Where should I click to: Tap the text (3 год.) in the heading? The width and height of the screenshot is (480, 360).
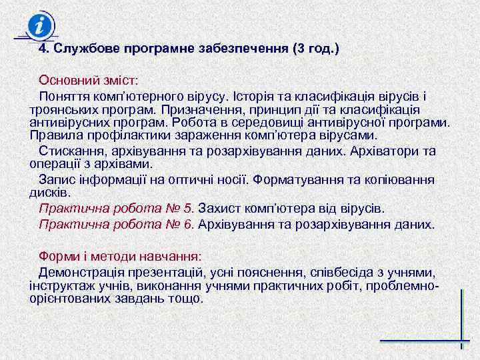[x=315, y=49]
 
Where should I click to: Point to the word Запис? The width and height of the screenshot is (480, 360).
[x=56, y=179]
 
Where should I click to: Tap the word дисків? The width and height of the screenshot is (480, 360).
[x=49, y=192]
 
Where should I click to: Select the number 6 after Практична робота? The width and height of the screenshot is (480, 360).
[x=189, y=224]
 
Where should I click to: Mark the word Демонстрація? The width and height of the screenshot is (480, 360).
[x=81, y=272]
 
